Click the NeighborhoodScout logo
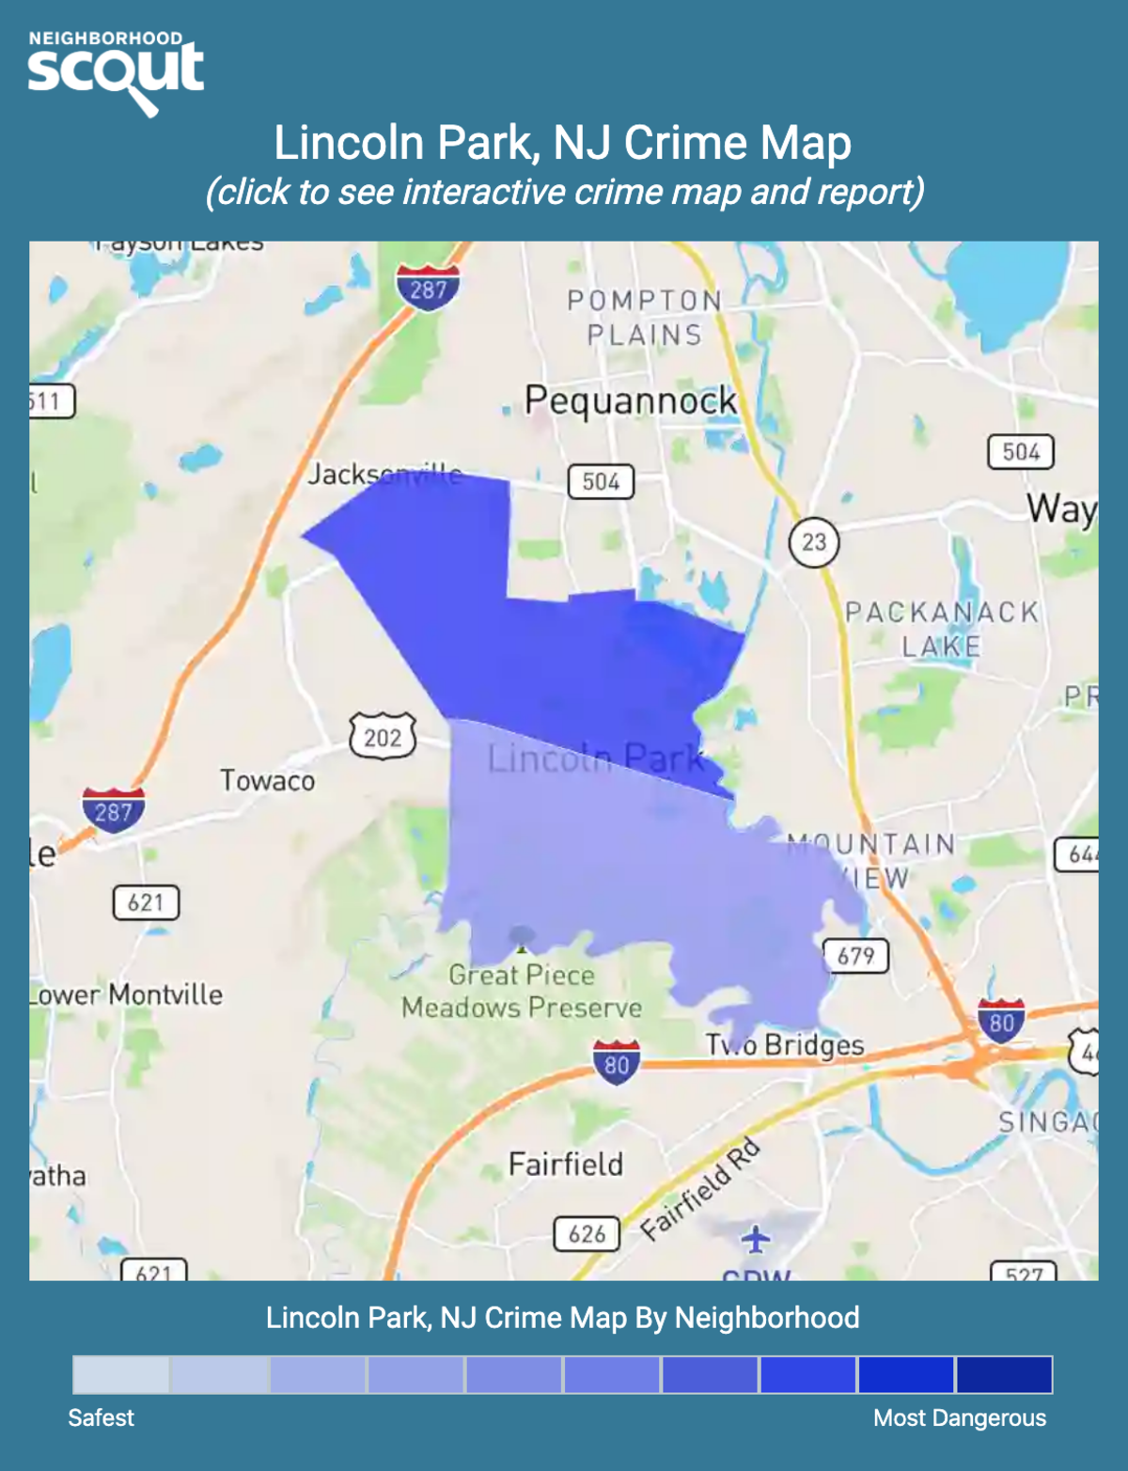coord(115,71)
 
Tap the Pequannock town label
coord(630,400)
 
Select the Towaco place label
coord(267,780)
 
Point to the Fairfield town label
coord(566,1165)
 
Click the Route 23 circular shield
coord(814,541)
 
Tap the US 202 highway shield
coord(383,737)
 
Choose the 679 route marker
coord(855,956)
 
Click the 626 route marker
coord(587,1233)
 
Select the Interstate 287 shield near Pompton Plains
coord(428,288)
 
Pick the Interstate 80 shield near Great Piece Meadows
coord(617,1063)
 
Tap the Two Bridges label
coord(785,1044)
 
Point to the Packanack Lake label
coord(942,629)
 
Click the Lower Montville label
coord(128,994)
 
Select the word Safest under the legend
coord(101,1417)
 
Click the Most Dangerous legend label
coord(959,1417)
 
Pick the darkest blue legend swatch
coord(1004,1374)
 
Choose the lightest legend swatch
coord(121,1374)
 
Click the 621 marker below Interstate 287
coord(146,902)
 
